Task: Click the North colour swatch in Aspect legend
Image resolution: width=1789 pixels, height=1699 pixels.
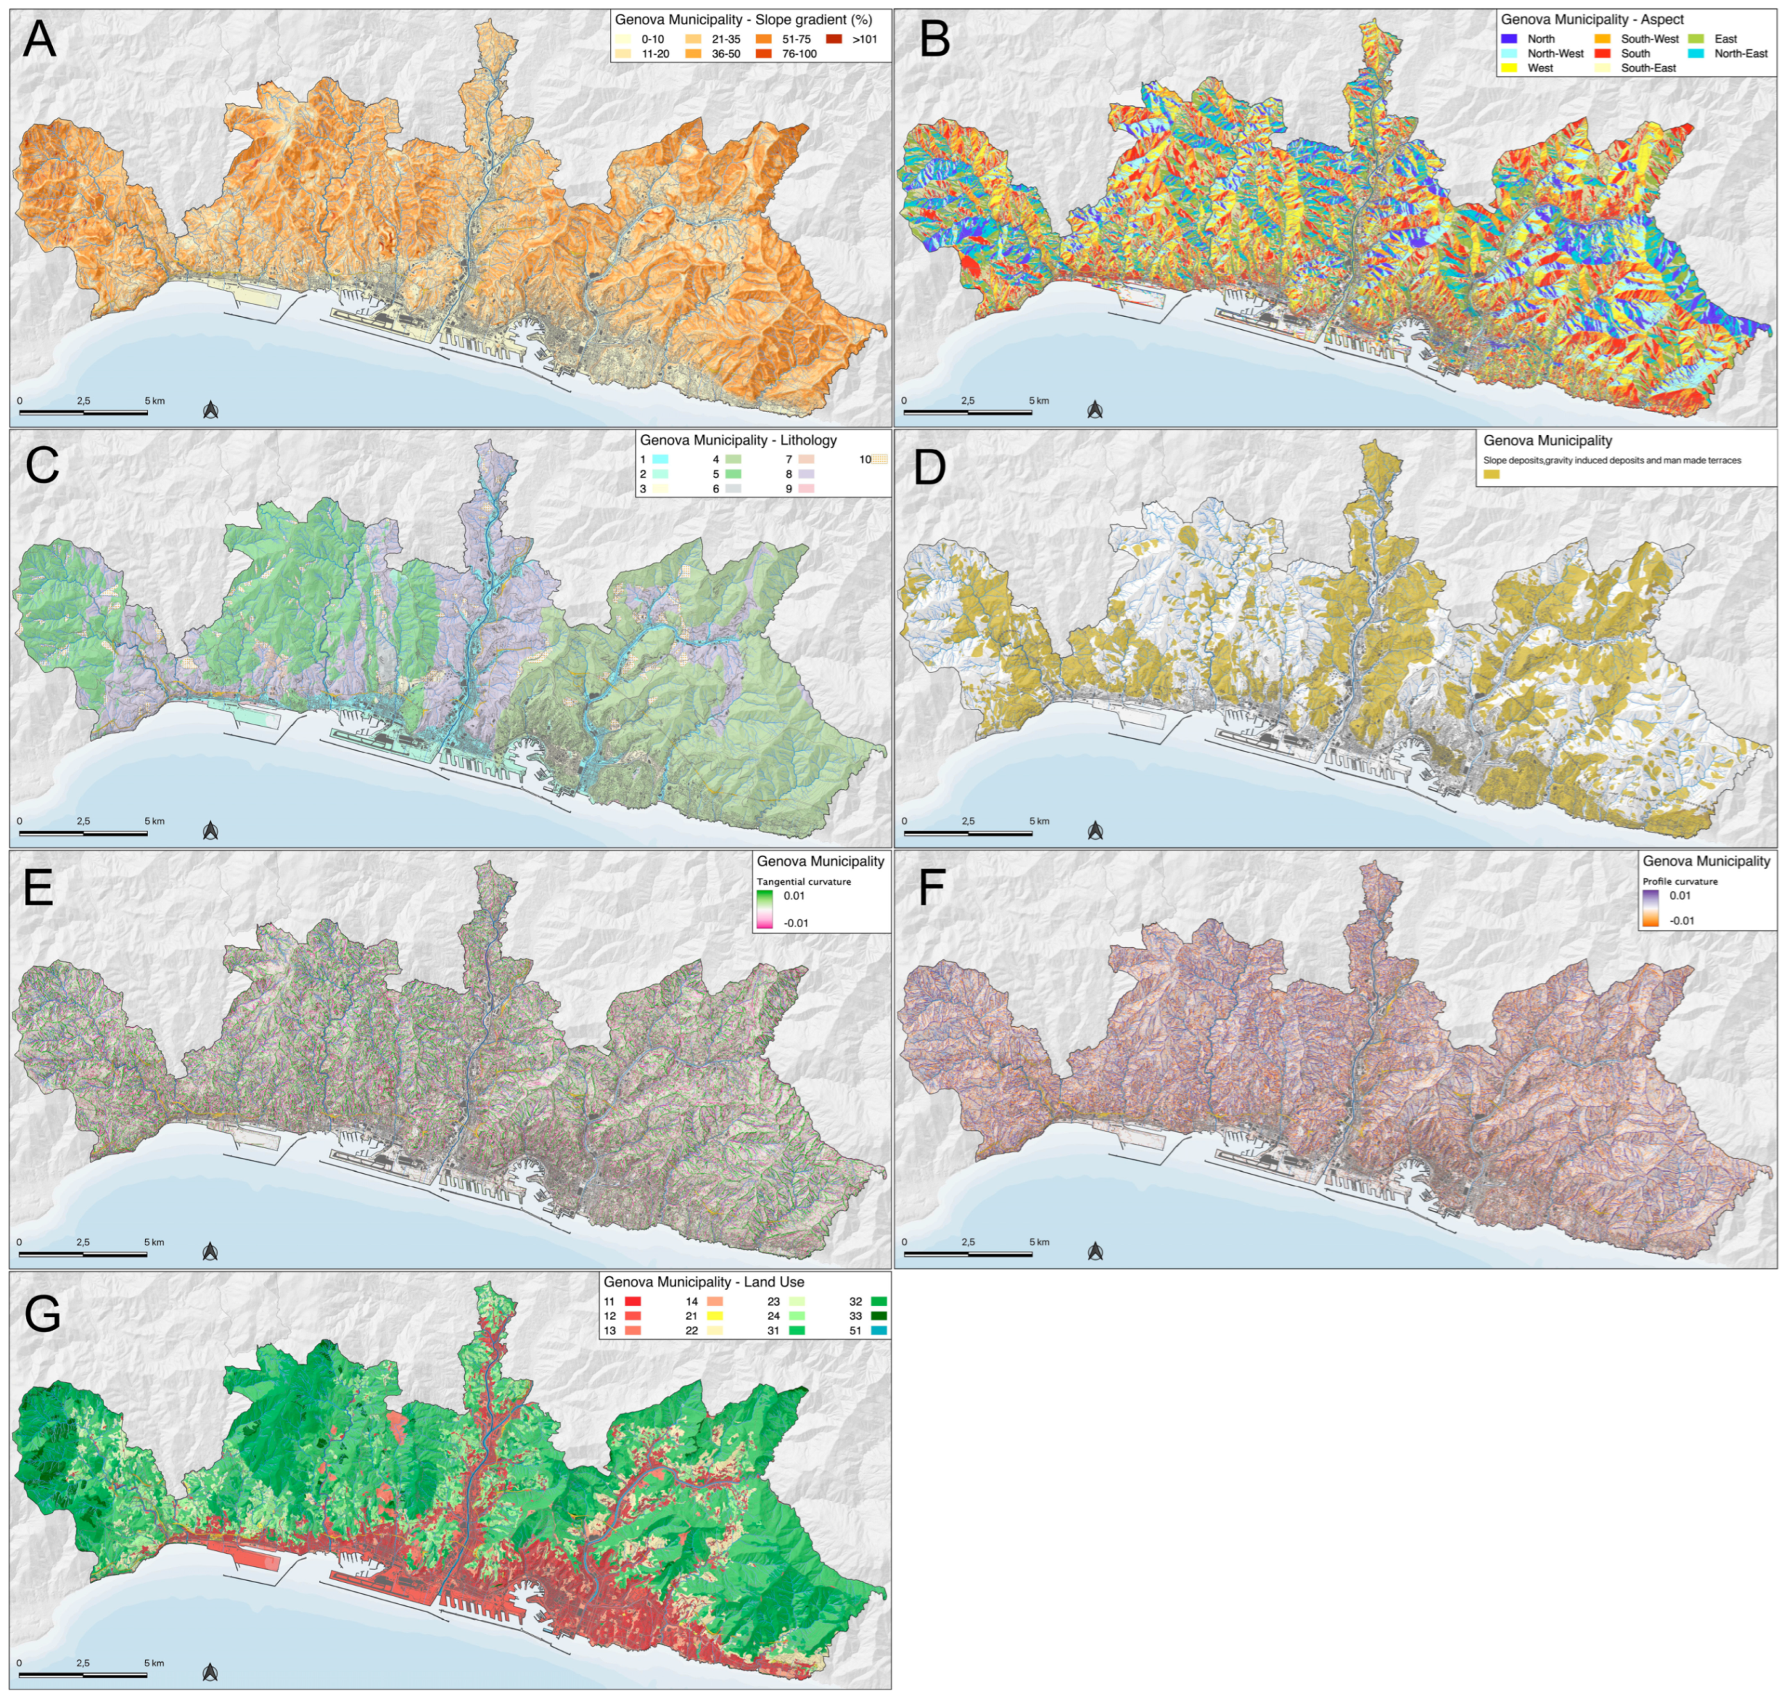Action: pos(1509,39)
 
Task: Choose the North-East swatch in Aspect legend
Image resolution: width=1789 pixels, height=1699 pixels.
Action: pos(1697,53)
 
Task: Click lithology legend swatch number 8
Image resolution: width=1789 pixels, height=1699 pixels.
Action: pos(806,474)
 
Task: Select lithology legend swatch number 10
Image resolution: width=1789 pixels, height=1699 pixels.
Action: pos(879,459)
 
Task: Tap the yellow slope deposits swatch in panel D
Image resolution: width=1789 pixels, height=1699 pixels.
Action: pos(1492,474)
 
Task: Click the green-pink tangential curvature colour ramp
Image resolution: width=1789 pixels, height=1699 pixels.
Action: pos(764,909)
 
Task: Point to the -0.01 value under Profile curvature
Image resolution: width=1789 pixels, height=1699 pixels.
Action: pos(1681,920)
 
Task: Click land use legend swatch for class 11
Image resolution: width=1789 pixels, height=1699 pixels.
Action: pos(632,1302)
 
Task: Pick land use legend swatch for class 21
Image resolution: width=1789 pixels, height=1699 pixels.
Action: pos(716,1316)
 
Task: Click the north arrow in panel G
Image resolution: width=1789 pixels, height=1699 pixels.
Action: pos(210,1672)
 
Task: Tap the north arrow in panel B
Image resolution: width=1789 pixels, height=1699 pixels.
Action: pos(1095,411)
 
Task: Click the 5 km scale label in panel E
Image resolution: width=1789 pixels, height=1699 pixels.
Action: pos(154,1242)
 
